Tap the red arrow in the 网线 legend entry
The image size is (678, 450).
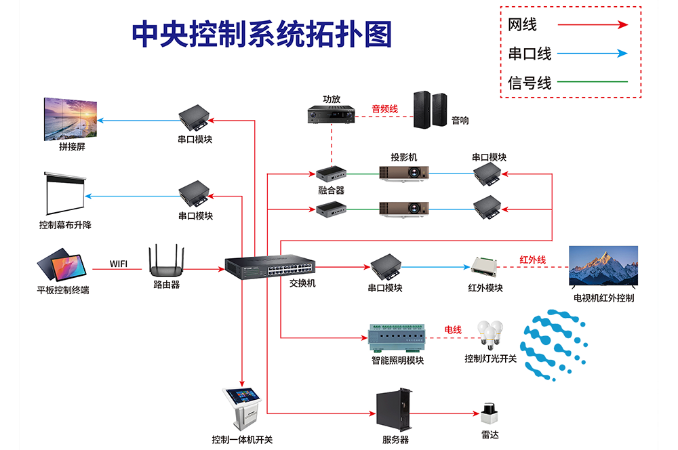coord(592,25)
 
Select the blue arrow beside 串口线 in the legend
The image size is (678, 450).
coord(592,54)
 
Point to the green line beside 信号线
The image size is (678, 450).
coord(592,82)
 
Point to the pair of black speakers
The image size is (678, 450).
coord(431,110)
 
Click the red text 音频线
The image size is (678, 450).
coord(384,108)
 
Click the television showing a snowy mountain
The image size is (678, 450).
coord(603,266)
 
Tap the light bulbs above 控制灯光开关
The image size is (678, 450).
coord(490,335)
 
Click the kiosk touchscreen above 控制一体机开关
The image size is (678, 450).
coord(242,406)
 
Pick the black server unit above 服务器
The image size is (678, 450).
coord(394,411)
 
